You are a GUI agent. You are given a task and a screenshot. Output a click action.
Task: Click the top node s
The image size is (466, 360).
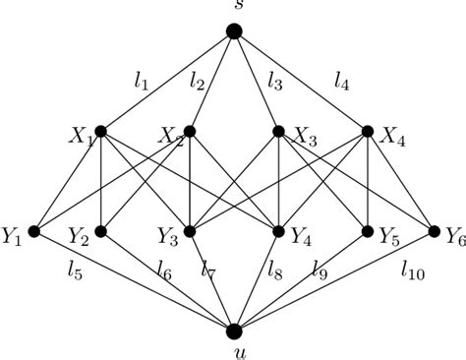[234, 31]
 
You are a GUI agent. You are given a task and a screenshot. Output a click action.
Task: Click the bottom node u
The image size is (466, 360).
[234, 331]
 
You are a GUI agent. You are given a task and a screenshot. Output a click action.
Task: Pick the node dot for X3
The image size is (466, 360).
[278, 130]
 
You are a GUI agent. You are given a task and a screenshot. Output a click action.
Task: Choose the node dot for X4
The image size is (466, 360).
[368, 130]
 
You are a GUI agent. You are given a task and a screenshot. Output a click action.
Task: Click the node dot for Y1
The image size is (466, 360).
[32, 232]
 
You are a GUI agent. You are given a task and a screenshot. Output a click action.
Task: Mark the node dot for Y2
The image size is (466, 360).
[100, 232]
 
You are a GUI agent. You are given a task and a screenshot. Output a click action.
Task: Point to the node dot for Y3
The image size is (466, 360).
[190, 232]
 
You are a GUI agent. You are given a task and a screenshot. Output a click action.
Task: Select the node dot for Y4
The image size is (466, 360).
[278, 232]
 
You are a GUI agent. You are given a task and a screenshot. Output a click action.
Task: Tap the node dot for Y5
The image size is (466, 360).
[368, 232]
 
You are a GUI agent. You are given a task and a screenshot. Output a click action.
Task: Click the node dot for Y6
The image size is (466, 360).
[435, 232]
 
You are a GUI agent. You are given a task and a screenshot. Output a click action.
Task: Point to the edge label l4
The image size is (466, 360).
[342, 85]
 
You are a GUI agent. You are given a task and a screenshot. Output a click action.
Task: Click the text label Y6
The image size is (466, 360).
[452, 236]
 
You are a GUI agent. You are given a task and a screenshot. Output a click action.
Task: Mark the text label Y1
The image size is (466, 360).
[13, 236]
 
